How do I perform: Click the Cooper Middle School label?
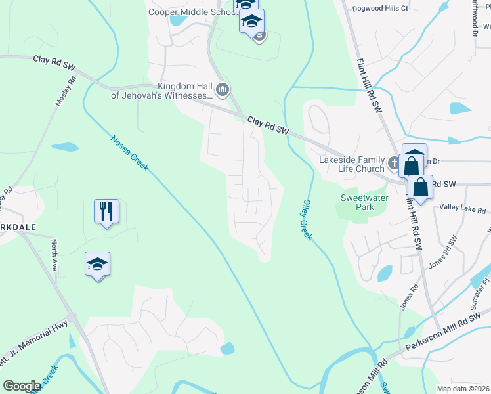[x=191, y=12]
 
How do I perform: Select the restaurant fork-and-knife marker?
[x=106, y=211]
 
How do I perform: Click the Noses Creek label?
[x=129, y=153]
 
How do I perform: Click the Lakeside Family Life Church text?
[x=352, y=164]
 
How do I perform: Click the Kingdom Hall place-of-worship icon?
[x=223, y=89]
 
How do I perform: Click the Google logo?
[x=22, y=386]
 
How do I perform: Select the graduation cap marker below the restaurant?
[x=98, y=265]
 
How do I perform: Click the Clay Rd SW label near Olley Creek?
[x=268, y=125]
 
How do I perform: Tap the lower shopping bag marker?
[x=421, y=187]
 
